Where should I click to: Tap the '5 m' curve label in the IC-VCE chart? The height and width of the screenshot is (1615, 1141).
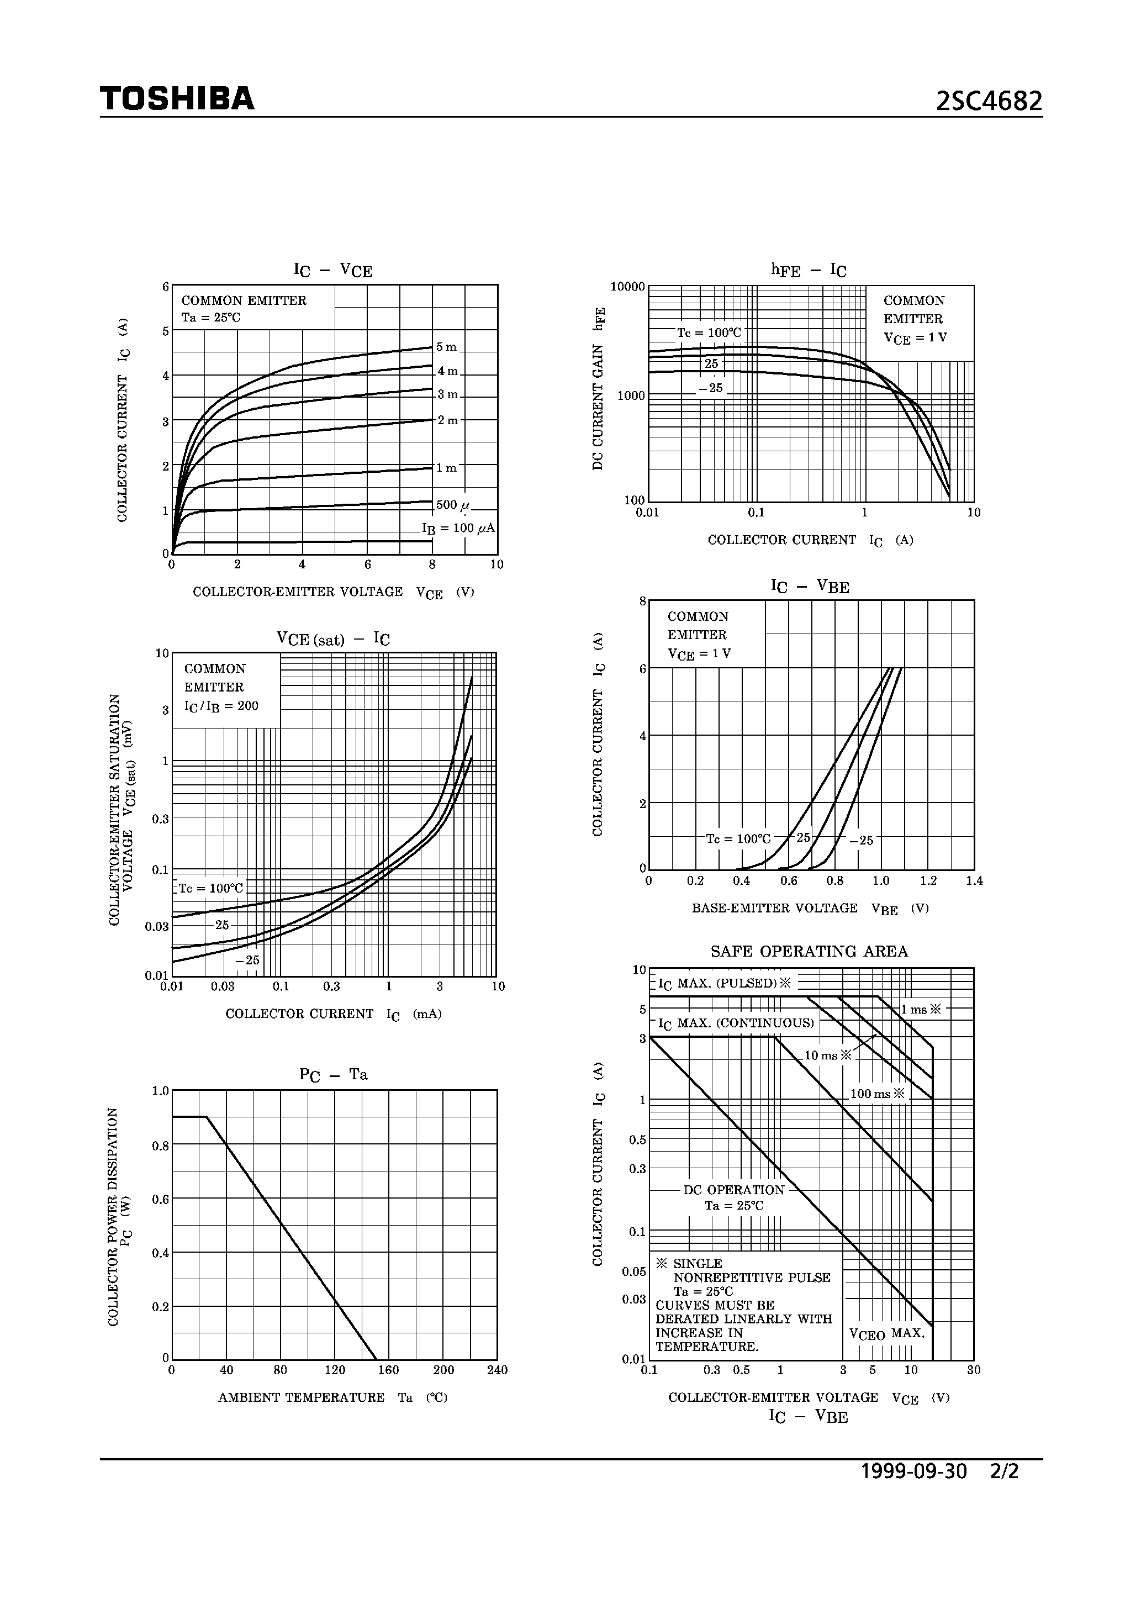pyautogui.click(x=447, y=347)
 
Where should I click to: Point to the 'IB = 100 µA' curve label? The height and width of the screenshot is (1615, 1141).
pyautogui.click(x=458, y=528)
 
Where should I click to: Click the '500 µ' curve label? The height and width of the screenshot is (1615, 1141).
pyautogui.click(x=453, y=505)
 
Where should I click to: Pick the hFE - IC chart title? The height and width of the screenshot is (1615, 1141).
pyautogui.click(x=809, y=270)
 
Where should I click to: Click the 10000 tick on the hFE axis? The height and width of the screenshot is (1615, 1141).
pyautogui.click(x=627, y=286)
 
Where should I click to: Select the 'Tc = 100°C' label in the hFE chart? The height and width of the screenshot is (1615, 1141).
pyautogui.click(x=709, y=332)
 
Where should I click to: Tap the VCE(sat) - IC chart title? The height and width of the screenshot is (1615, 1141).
pyautogui.click(x=332, y=638)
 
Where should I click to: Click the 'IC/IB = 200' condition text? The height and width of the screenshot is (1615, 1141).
pyautogui.click(x=221, y=705)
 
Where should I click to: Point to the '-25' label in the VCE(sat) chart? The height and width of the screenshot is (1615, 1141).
pyautogui.click(x=247, y=960)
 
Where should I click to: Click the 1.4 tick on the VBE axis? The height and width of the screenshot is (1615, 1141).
pyautogui.click(x=974, y=880)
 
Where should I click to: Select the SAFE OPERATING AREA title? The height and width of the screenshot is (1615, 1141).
pyautogui.click(x=809, y=951)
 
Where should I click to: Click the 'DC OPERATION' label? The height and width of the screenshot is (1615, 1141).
pyautogui.click(x=734, y=1190)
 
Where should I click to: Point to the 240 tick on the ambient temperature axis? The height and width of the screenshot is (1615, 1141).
pyautogui.click(x=496, y=1370)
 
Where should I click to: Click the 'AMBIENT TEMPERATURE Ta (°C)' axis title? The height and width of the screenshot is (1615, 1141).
pyautogui.click(x=332, y=1397)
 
